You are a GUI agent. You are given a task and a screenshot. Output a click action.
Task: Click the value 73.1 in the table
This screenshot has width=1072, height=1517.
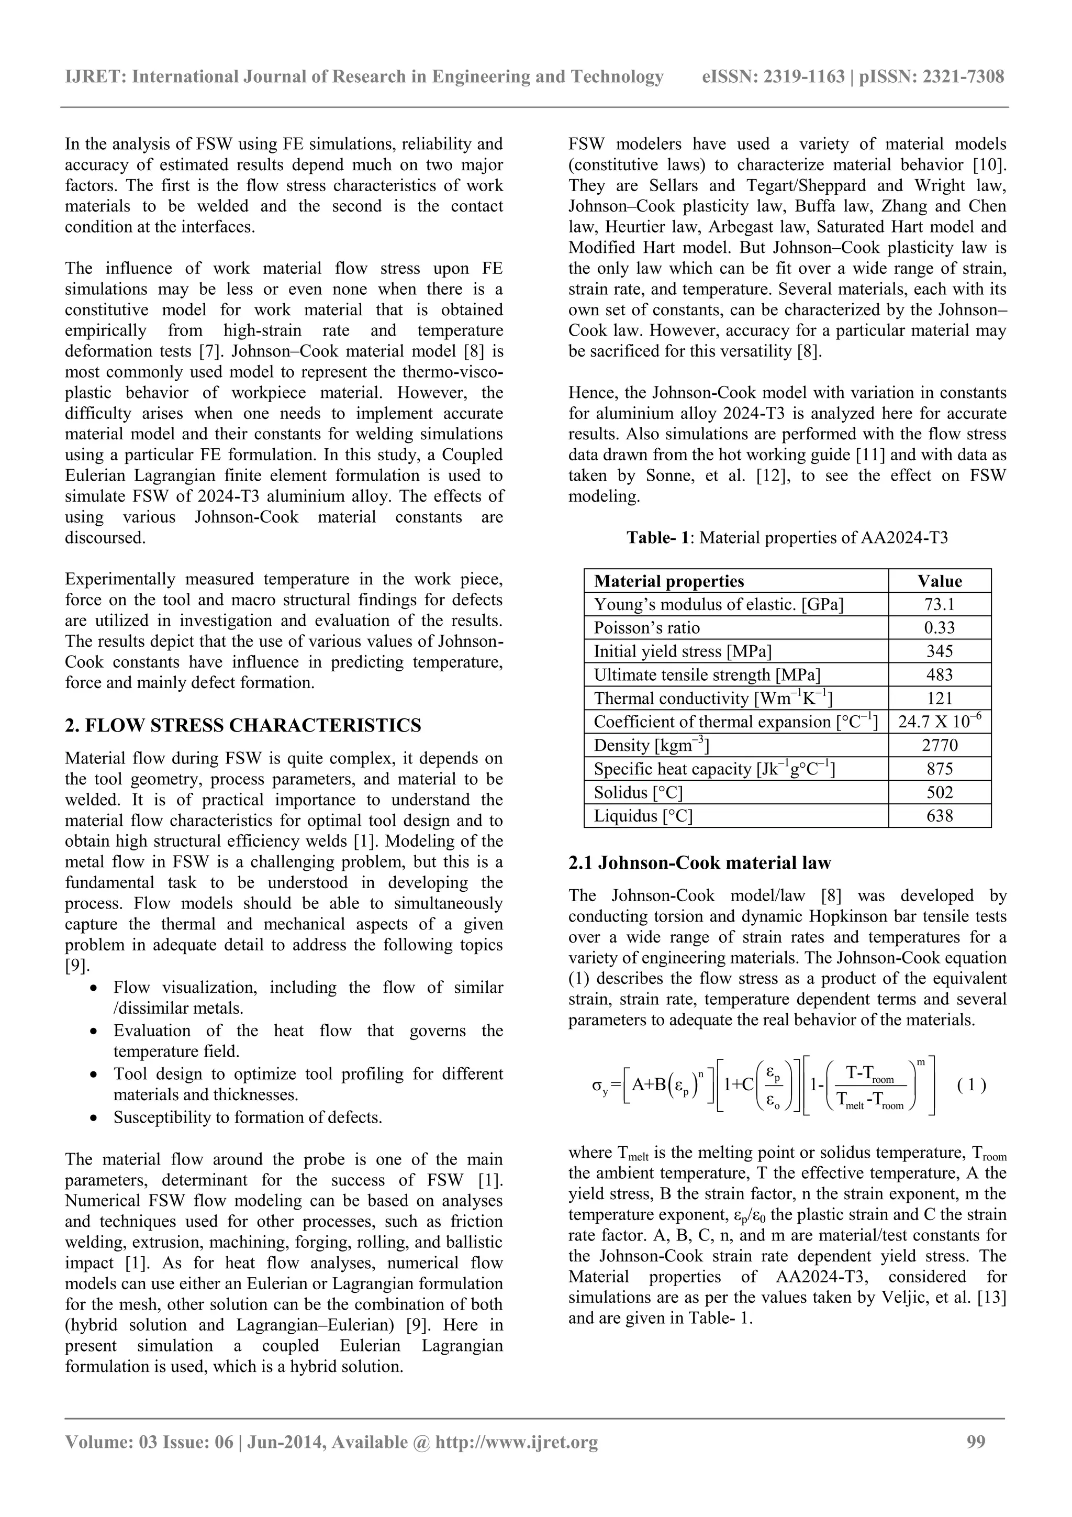point(939,605)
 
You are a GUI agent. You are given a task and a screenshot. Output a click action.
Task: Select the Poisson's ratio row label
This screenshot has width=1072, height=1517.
point(646,628)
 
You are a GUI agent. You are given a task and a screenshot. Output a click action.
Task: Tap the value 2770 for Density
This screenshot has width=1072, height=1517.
point(939,745)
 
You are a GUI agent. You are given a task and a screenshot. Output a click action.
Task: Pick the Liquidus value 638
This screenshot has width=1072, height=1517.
point(939,816)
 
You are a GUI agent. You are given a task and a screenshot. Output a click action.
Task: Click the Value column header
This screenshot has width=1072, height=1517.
point(939,581)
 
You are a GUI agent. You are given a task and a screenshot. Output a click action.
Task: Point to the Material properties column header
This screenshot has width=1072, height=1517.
point(668,581)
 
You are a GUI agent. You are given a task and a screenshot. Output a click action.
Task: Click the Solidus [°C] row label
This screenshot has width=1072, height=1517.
point(638,792)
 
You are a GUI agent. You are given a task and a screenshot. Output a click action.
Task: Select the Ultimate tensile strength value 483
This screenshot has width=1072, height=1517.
point(939,674)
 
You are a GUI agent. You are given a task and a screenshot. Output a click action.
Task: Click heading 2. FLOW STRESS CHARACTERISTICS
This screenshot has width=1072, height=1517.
point(242,725)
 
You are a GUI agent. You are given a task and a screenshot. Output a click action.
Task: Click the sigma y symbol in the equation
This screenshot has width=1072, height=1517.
point(599,1086)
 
